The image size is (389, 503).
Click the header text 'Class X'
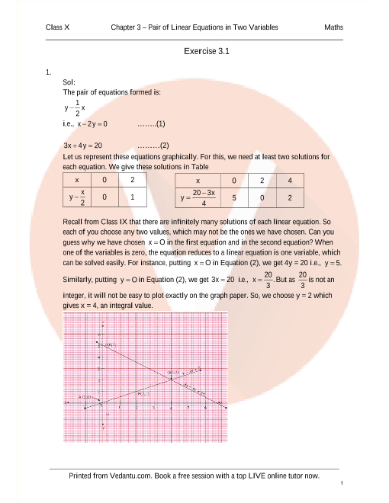[x=58, y=27]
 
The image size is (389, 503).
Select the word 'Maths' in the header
[x=333, y=27]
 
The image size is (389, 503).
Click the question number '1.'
[x=48, y=72]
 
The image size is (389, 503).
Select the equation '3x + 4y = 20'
[x=82, y=144]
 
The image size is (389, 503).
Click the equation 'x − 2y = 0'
[x=91, y=123]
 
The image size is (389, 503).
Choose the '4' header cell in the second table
[x=290, y=181]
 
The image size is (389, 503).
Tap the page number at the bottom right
[x=342, y=483]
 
